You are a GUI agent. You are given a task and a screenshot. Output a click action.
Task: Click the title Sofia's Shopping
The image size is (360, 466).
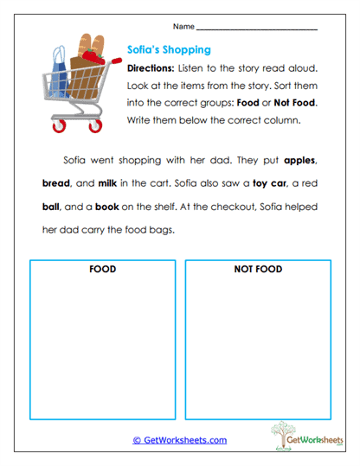tap(169, 50)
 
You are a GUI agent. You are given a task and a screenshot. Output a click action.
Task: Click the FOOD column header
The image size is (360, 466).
tap(102, 270)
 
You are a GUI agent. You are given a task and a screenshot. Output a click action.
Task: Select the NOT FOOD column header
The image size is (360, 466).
tap(257, 270)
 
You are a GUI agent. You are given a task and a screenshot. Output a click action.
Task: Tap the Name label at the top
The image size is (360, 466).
tap(183, 28)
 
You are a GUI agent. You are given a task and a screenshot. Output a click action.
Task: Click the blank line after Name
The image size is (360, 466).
tap(257, 30)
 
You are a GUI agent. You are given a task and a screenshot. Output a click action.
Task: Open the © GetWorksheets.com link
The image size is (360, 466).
tap(180, 440)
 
